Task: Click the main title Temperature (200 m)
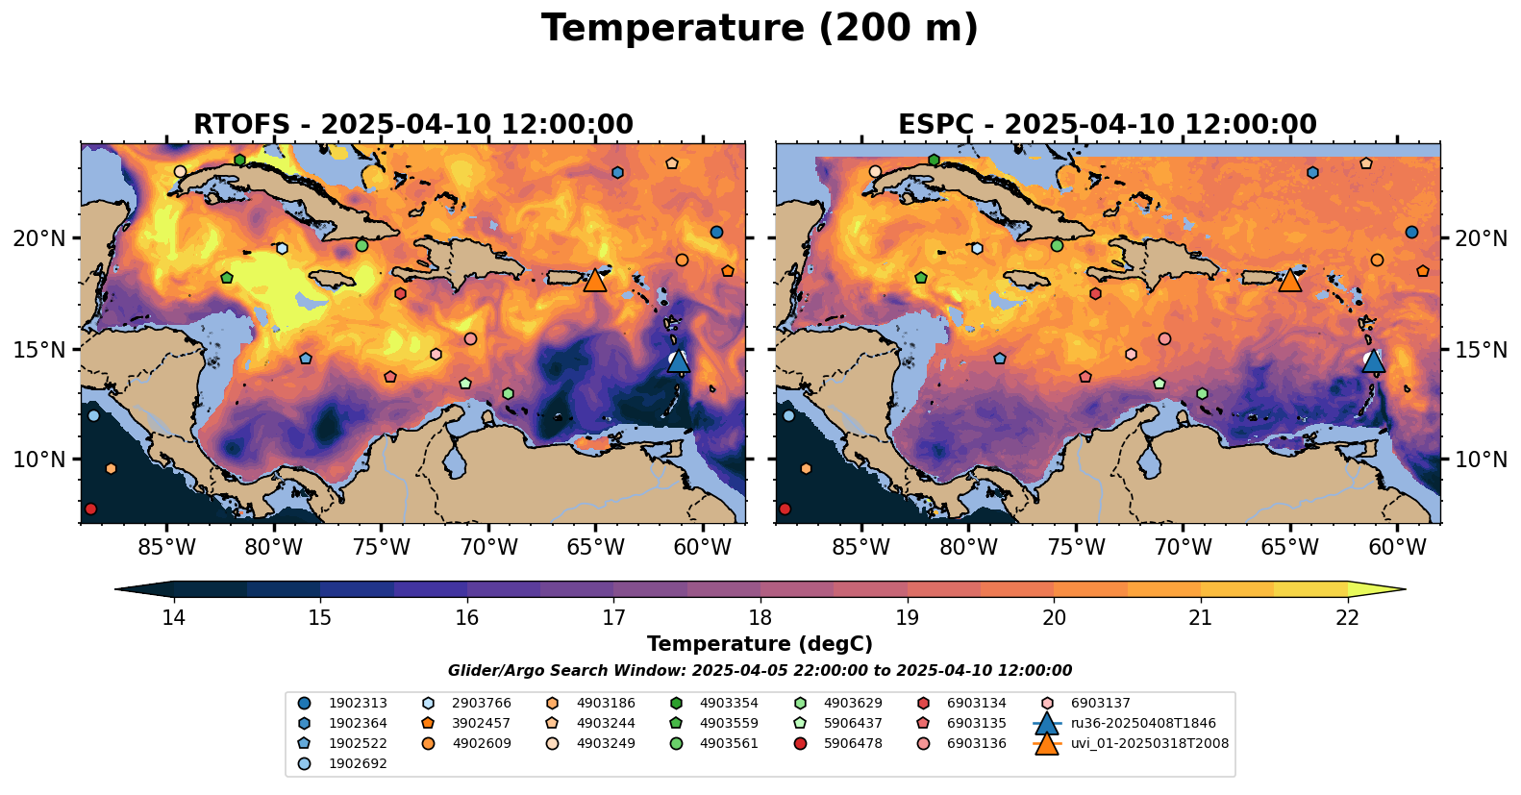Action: coord(760,29)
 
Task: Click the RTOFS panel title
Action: coord(413,125)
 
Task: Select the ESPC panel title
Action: coord(1108,125)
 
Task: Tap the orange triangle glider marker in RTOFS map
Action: coord(595,280)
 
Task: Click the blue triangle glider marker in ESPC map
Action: coord(1374,360)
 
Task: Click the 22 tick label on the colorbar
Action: coord(1347,617)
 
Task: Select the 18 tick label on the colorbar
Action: coord(760,617)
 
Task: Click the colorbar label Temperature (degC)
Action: coord(760,644)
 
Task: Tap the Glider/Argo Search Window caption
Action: coord(760,671)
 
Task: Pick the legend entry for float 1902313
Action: coord(358,704)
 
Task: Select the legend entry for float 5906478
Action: coord(853,743)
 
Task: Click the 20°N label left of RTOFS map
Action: coord(39,238)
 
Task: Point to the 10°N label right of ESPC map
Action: coord(1481,460)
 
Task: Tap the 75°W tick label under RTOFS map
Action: coord(382,548)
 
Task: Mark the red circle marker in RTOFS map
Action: coord(90,509)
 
